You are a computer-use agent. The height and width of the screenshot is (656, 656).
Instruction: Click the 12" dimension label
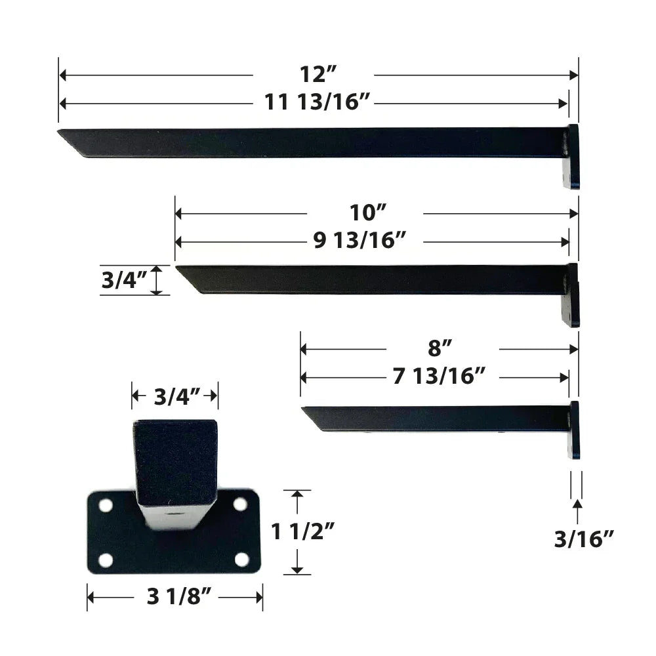(x=314, y=74)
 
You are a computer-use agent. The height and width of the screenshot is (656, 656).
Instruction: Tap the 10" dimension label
(x=365, y=213)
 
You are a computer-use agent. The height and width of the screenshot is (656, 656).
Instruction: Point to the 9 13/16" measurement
(x=366, y=241)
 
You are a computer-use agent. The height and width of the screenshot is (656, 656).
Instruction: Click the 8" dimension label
(x=441, y=348)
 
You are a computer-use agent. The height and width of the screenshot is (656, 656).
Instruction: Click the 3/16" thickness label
(x=584, y=539)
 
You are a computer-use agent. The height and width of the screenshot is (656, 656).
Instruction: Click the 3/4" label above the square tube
(x=174, y=396)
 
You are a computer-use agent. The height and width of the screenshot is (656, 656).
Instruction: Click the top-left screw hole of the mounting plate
(x=105, y=506)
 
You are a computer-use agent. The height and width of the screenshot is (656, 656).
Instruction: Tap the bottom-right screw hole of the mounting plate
(x=242, y=560)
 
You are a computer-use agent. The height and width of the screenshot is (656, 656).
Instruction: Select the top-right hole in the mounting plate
(x=240, y=504)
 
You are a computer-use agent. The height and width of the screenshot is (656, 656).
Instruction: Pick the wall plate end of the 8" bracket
(x=575, y=430)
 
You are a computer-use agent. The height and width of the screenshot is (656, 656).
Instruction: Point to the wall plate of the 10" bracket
(x=572, y=295)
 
